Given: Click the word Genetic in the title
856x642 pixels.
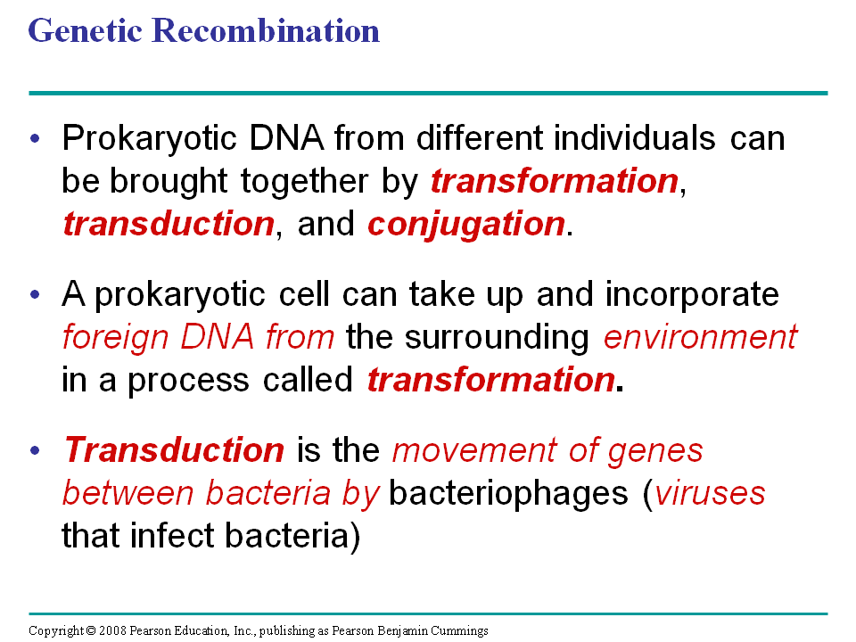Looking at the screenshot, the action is (x=86, y=32).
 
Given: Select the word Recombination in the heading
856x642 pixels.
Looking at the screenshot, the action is (x=266, y=30).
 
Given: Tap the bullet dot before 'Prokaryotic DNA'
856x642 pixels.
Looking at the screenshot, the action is (x=36, y=139).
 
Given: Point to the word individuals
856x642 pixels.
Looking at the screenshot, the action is (x=634, y=137).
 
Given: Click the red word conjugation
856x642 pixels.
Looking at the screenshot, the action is (x=466, y=225).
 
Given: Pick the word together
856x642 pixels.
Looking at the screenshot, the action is (x=305, y=182).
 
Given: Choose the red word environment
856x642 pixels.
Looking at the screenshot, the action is (x=701, y=337).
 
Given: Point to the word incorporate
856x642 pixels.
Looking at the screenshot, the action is (x=692, y=296).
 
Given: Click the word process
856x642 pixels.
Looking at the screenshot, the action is (x=188, y=381).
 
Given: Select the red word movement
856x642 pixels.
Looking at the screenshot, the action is (x=473, y=451).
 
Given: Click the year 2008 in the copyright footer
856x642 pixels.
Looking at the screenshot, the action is (x=112, y=630).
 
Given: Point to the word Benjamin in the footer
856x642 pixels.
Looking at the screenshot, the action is (x=403, y=631).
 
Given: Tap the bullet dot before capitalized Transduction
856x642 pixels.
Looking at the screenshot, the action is (x=36, y=451).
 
